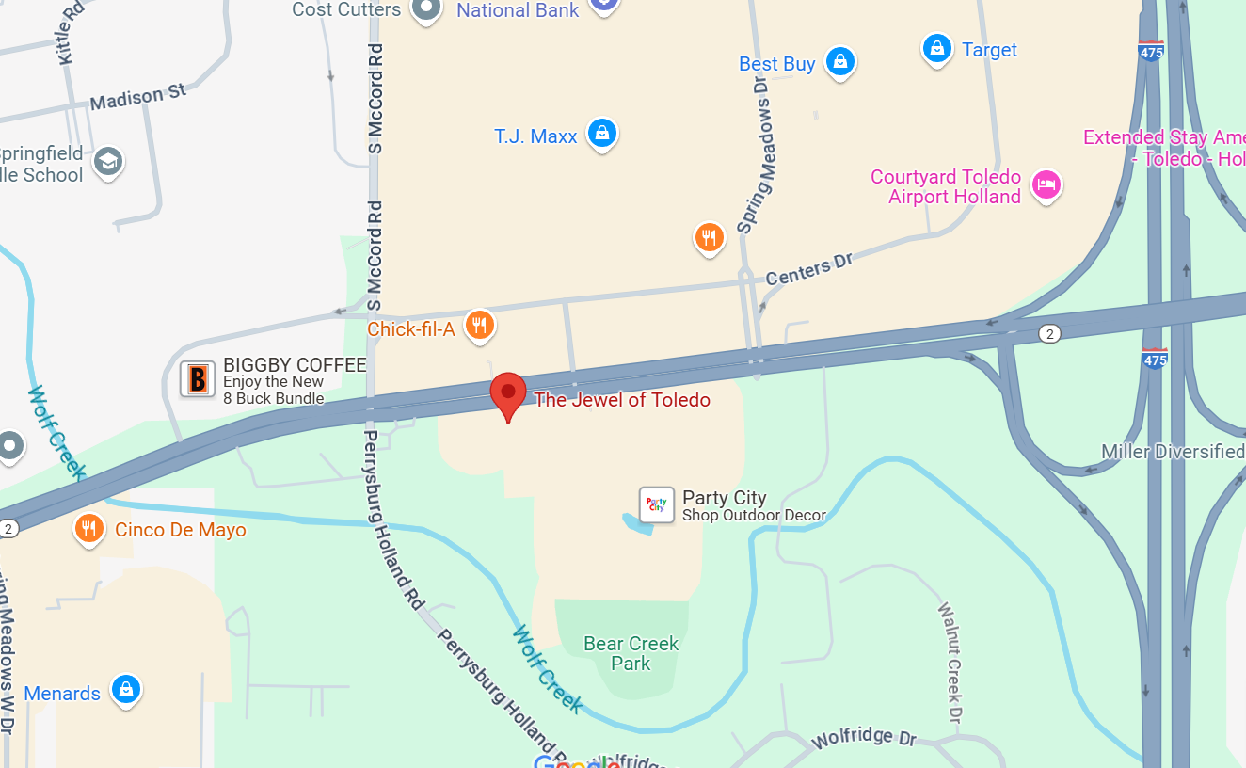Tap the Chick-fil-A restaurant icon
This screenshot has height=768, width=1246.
pos(481,326)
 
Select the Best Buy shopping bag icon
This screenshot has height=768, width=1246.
pos(839,62)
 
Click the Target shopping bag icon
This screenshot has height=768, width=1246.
pos(936,48)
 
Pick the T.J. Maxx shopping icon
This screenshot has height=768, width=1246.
pos(601,134)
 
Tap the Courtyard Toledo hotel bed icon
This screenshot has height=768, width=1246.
pos(1046,184)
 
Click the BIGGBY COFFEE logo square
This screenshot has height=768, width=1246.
pos(198,378)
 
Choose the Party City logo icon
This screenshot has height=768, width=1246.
pos(657,504)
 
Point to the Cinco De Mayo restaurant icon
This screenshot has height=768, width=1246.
pos(88,528)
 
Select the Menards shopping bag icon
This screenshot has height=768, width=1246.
pos(125,690)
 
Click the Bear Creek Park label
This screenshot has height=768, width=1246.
pos(631,653)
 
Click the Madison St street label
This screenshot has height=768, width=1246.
pos(138,96)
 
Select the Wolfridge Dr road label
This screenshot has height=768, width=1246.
pos(864,737)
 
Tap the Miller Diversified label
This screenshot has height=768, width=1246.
pos(1173,452)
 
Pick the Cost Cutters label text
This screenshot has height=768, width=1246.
pos(346,9)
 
